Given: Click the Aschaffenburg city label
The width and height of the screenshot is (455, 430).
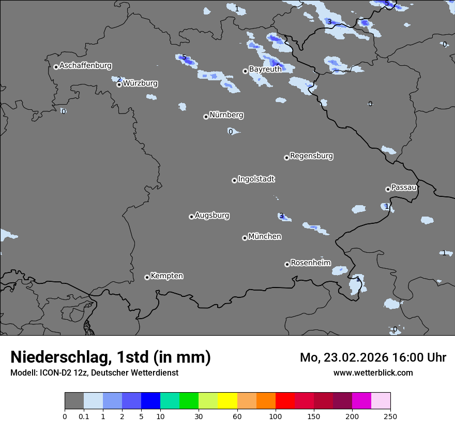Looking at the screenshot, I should point(85,66).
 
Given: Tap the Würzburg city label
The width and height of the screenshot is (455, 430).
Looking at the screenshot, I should point(140,83).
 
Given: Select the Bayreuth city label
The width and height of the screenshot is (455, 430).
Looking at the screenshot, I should point(265,69).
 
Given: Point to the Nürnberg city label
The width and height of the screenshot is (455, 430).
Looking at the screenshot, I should point(226,115).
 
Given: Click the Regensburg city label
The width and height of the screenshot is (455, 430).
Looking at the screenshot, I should point(311,156).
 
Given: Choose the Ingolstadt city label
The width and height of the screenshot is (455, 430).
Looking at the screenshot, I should point(256,179).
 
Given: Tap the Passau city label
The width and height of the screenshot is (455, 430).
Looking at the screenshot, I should point(404,188).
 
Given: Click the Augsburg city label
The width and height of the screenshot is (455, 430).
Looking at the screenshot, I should point(212,216).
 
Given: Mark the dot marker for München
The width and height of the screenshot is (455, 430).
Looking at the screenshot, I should point(245,238).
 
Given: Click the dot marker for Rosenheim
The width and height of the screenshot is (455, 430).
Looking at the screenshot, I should point(287,265).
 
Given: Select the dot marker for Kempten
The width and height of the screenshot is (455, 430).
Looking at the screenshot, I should point(147,278).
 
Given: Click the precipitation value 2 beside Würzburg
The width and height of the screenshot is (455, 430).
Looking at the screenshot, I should point(119,79).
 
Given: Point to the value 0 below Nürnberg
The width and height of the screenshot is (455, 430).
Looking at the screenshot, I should point(231,132).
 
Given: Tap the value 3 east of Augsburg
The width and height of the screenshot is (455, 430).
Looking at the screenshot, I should point(281,216).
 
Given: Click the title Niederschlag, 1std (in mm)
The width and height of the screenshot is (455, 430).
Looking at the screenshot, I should point(111,357).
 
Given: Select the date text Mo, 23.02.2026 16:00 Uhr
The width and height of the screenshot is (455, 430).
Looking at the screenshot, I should point(373,357).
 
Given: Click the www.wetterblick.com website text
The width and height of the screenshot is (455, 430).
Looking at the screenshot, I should point(373,373).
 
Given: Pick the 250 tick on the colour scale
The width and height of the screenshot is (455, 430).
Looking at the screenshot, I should point(390,416).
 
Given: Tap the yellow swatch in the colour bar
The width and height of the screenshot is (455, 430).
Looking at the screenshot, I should point(228,401).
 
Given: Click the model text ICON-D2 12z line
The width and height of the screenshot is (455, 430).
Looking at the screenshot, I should point(94,373).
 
